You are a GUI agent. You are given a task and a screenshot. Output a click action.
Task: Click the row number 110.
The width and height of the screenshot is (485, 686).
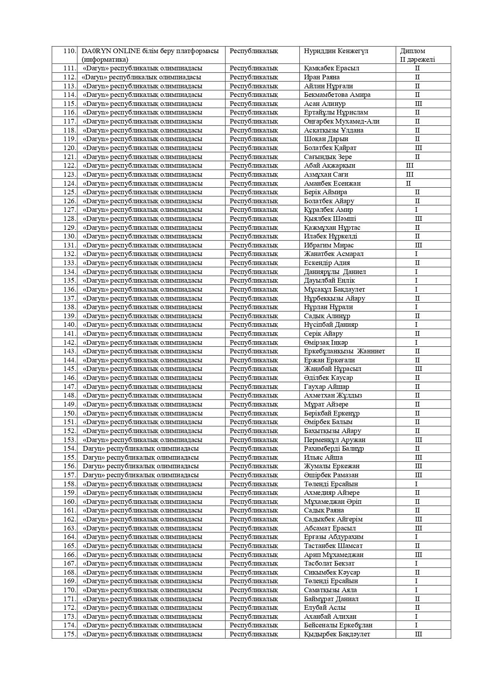[x=69, y=51]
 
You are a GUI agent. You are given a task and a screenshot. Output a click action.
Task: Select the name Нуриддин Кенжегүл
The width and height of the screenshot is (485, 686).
[x=336, y=51]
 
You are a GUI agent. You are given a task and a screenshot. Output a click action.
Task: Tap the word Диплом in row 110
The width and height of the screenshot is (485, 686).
[x=412, y=51]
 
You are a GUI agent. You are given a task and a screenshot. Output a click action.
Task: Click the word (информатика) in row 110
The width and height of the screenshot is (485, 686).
[x=105, y=59]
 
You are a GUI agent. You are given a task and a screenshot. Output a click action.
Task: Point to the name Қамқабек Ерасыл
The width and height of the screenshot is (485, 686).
[x=331, y=68]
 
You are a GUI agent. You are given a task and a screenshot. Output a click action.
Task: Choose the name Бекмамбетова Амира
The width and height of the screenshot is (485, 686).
[x=337, y=95]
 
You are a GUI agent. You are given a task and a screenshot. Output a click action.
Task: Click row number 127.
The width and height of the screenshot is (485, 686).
[x=70, y=210]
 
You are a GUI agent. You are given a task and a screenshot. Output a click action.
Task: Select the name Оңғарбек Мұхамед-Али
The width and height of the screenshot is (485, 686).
[x=342, y=121]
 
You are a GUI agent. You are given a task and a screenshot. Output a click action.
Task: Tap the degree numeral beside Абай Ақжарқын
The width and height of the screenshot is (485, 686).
[x=410, y=165]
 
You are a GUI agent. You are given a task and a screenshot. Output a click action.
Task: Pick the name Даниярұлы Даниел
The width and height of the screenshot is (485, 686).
[x=335, y=272]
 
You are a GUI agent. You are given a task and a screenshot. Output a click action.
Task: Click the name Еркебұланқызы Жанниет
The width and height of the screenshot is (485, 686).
[x=344, y=351]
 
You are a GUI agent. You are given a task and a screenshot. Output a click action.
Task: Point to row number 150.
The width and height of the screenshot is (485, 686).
[x=70, y=413]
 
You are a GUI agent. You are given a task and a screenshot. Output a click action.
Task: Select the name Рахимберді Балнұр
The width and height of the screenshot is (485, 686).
[x=334, y=448]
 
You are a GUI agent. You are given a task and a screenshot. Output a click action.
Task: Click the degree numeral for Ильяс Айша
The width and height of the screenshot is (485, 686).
[x=418, y=457]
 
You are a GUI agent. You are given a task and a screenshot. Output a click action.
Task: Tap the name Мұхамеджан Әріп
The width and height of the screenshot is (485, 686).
[x=333, y=502]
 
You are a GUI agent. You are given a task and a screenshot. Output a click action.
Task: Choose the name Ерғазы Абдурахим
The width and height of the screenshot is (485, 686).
[x=333, y=537]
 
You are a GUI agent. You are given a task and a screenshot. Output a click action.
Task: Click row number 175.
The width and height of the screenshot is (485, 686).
[x=70, y=634]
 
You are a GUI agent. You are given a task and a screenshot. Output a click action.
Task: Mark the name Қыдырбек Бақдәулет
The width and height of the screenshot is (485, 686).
[x=337, y=634]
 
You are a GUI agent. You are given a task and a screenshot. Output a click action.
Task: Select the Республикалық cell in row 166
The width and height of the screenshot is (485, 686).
[x=254, y=555]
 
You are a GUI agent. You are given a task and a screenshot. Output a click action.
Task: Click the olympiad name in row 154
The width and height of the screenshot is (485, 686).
[x=141, y=448]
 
